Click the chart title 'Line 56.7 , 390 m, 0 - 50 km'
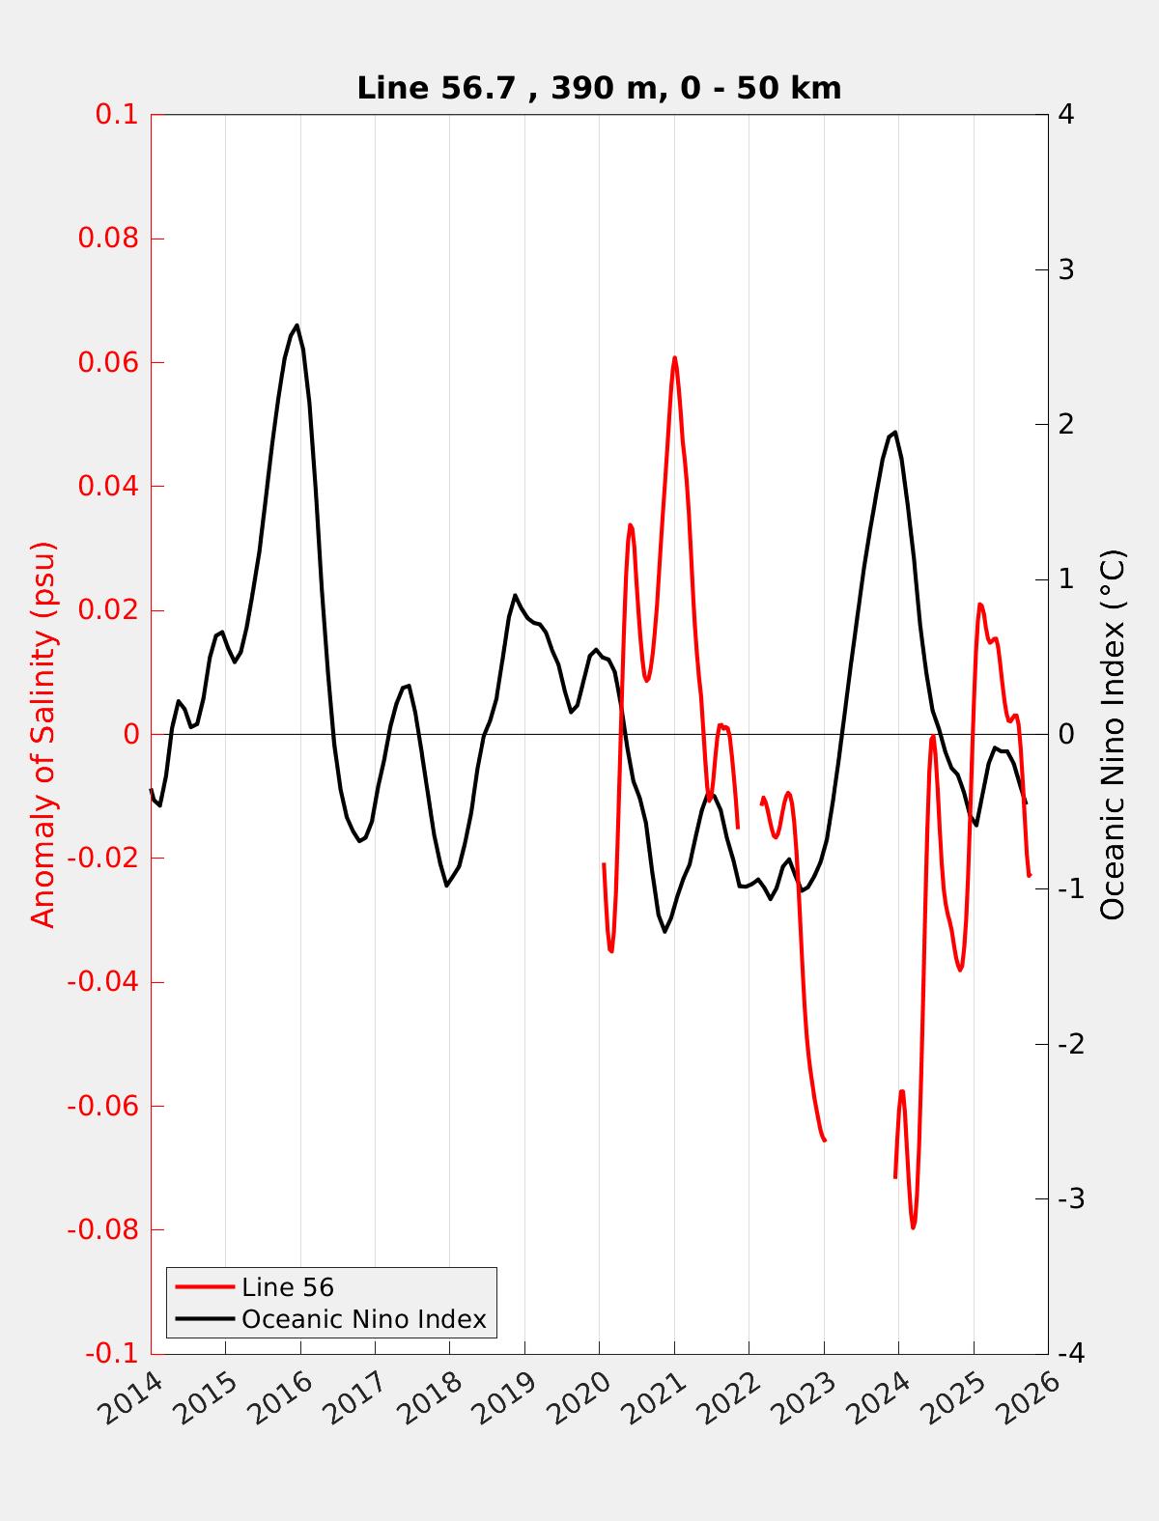(599, 88)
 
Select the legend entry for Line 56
(288, 1287)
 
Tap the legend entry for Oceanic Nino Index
(363, 1319)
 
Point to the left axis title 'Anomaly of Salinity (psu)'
(44, 734)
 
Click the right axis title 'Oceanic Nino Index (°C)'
(1114, 734)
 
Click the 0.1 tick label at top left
(117, 115)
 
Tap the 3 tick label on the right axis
(1067, 269)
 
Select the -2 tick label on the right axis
(1070, 1044)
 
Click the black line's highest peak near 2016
(297, 325)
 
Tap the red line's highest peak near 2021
(674, 357)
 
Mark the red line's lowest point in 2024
(913, 1227)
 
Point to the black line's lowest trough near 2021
(664, 931)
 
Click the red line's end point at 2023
(824, 1141)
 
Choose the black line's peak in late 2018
(515, 595)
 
